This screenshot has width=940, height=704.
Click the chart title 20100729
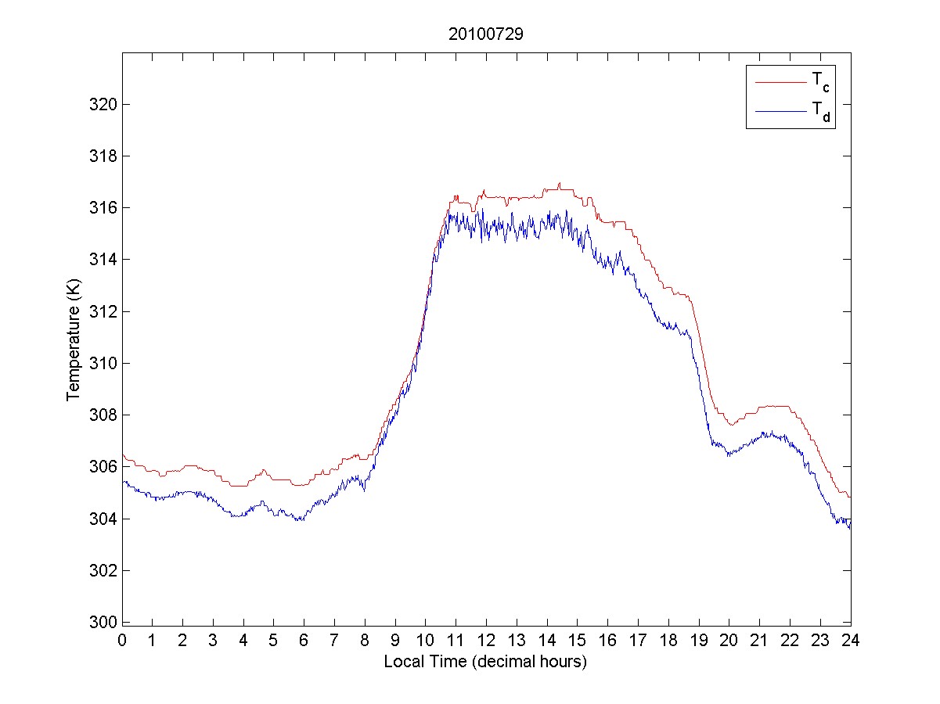pos(485,34)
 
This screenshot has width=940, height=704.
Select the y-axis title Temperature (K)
pos(74,339)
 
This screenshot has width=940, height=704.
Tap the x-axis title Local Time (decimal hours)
pos(485,662)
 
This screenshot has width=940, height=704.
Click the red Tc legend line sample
pos(780,81)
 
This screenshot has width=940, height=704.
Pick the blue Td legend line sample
pos(780,112)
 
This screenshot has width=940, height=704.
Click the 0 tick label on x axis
pos(122,640)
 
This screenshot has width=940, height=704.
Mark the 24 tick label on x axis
pos(851,640)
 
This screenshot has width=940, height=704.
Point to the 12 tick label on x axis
pos(486,640)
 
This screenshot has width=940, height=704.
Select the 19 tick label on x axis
pos(699,640)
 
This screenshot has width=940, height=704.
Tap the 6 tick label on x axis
pos(304,640)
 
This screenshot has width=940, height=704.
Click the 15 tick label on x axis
pos(578,640)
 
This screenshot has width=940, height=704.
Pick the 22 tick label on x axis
pos(790,640)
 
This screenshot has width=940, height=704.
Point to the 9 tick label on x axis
pos(395,640)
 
